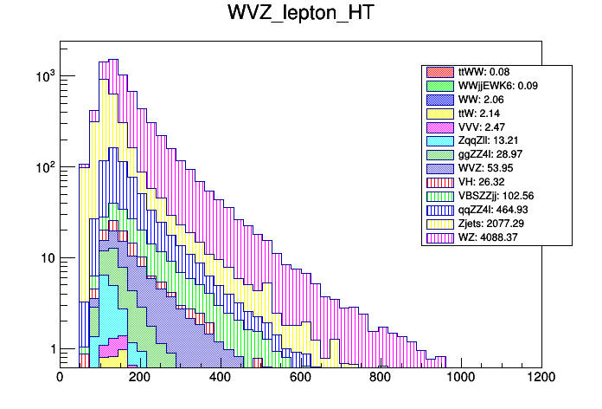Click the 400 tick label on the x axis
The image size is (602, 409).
[220, 377]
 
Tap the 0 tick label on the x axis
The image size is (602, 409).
[60, 377]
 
